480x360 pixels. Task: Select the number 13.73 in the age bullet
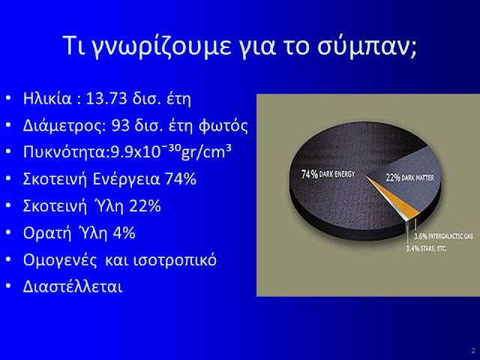[x=106, y=98]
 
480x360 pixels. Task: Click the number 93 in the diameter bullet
[x=121, y=125]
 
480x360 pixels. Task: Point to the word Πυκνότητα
[x=64, y=152]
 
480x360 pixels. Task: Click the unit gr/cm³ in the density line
[x=206, y=151]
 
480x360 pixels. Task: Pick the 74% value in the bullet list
[x=181, y=179]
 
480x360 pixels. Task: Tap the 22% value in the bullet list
[x=145, y=206]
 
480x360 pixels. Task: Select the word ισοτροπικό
[x=175, y=260]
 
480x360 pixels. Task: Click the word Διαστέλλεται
[x=73, y=287]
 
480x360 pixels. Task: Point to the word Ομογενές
[x=60, y=260]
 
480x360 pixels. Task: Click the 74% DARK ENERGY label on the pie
[x=328, y=174]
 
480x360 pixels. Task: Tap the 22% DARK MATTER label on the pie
[x=410, y=178]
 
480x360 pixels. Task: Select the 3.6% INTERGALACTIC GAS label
[x=443, y=236]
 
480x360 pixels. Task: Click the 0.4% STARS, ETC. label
[x=427, y=248]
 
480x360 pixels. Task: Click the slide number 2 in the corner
[x=473, y=351]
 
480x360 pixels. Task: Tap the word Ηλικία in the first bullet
[x=47, y=98]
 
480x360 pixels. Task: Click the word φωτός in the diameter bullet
[x=223, y=126]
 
